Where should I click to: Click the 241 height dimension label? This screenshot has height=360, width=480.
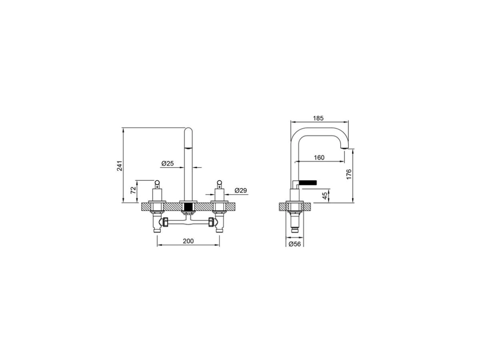[120, 166]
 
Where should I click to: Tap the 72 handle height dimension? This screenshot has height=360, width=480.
[133, 190]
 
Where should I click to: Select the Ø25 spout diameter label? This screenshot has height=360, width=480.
[168, 163]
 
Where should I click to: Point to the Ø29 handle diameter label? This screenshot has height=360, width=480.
[240, 190]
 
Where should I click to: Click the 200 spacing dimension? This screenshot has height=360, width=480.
[188, 241]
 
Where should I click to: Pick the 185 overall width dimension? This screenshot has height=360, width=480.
[318, 118]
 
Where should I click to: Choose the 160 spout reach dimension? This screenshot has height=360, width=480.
[319, 157]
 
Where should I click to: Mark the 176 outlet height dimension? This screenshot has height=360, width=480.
[349, 174]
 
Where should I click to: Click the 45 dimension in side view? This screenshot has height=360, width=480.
[325, 196]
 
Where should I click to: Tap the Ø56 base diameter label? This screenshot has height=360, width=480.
[294, 244]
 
